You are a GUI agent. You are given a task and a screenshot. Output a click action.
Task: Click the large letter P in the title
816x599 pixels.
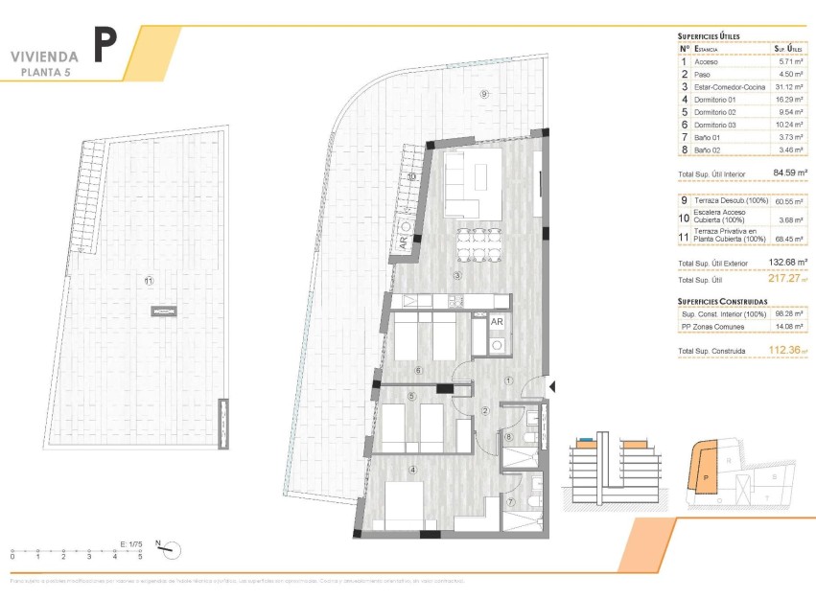coord(105,46)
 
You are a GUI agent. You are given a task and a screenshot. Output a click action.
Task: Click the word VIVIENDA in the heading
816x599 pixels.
coord(44,57)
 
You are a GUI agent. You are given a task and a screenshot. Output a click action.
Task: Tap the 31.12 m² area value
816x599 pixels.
coord(787,86)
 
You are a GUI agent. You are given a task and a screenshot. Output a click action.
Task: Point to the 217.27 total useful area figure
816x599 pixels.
coord(784,280)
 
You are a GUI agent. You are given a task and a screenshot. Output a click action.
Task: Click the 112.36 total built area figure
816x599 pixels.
coord(784,351)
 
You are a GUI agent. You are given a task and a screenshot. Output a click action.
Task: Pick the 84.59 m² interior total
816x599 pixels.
coord(787,173)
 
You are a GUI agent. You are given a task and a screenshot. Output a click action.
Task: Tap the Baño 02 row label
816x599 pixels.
coord(706,150)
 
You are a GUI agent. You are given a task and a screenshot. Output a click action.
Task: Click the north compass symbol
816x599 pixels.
coord(171,549)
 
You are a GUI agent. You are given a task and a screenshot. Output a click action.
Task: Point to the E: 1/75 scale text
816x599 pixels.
coord(131,543)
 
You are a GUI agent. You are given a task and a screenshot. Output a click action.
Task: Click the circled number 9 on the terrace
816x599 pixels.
coord(484,94)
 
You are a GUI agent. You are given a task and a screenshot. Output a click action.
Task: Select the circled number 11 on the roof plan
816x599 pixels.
coord(149,281)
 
